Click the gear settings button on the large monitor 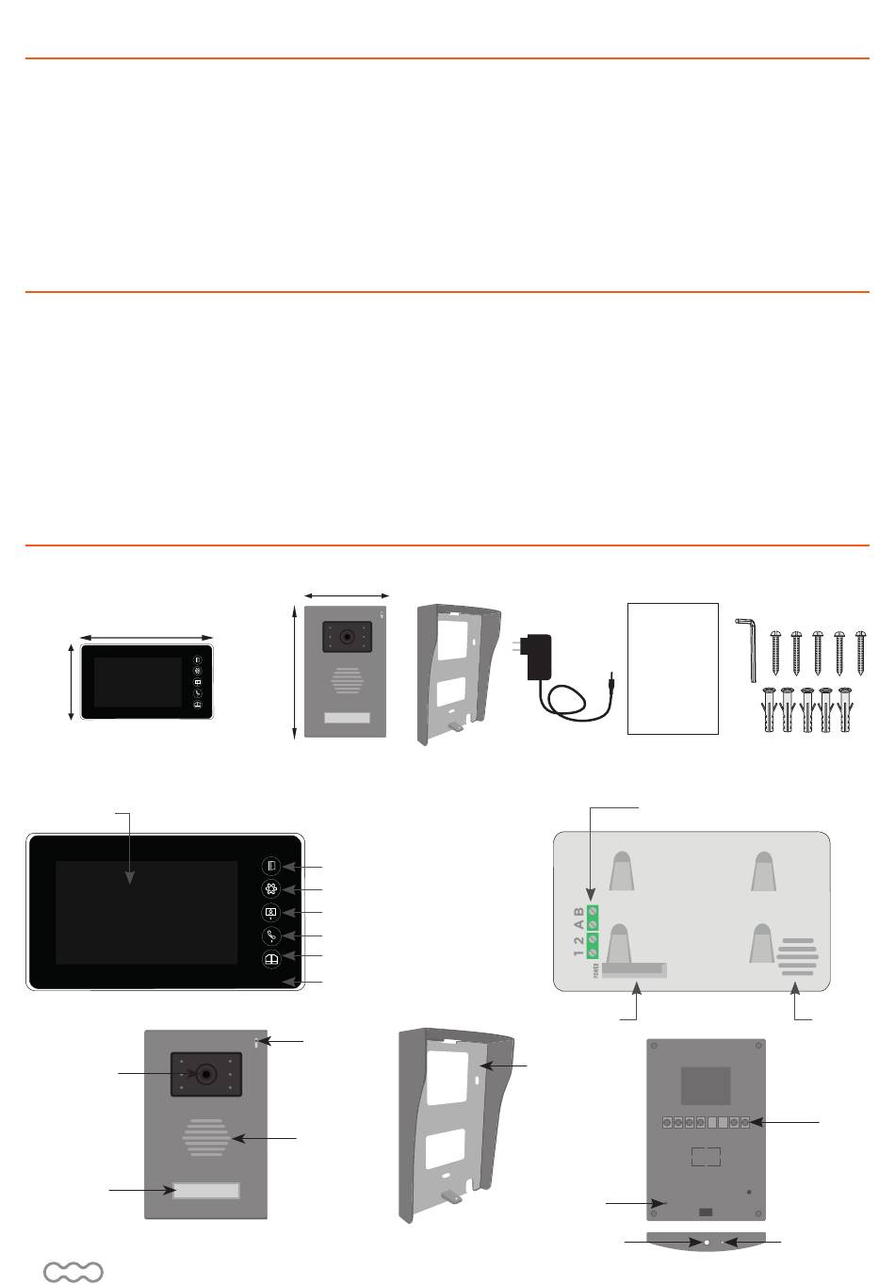(x=271, y=888)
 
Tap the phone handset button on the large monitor (x=271, y=935)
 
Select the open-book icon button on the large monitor (x=271, y=959)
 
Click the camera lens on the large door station (x=205, y=1074)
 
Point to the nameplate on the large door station (x=205, y=1191)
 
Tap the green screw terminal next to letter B (x=594, y=910)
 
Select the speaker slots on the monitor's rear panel (x=797, y=956)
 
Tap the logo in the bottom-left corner (x=73, y=1272)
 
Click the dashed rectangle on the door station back (x=706, y=1156)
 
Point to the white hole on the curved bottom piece (x=707, y=1244)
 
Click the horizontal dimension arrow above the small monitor (x=147, y=638)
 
